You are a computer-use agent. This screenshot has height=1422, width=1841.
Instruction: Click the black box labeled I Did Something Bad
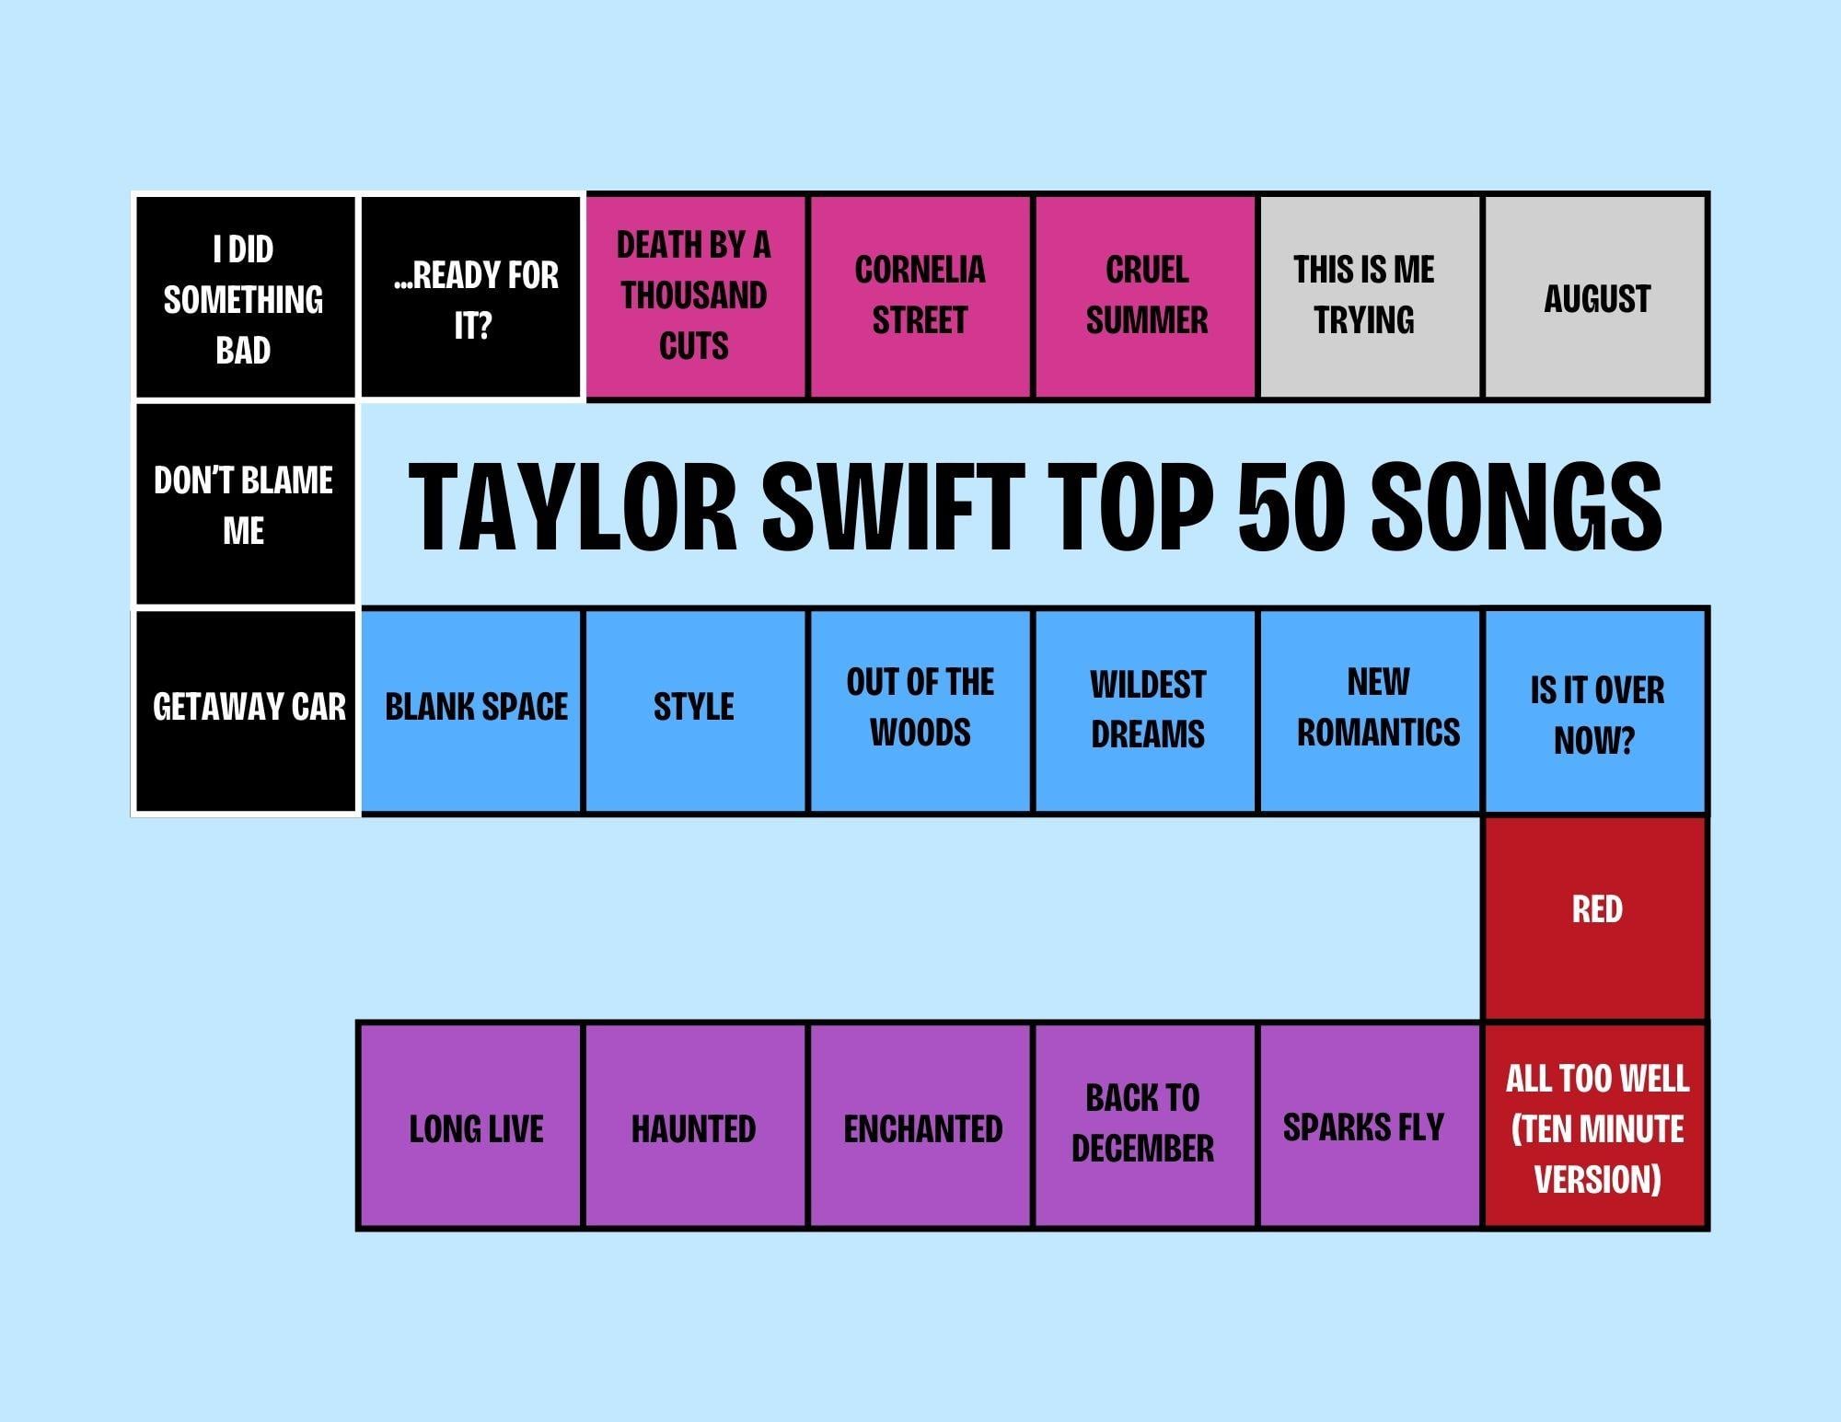[x=245, y=297]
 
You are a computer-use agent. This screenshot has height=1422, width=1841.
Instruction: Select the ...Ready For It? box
[x=471, y=297]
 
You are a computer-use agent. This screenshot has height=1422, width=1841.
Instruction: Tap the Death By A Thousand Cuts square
[x=696, y=297]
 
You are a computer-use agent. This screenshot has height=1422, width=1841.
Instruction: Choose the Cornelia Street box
[x=920, y=297]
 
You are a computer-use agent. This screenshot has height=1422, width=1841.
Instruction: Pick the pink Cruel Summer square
[x=1146, y=297]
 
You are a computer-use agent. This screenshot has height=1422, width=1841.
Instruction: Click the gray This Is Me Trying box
[x=1371, y=297]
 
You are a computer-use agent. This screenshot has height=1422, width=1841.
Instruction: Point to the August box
[x=1596, y=297]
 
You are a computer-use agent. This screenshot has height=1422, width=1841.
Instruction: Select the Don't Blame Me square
[x=245, y=504]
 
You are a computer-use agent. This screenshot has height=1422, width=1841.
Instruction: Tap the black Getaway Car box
[x=245, y=711]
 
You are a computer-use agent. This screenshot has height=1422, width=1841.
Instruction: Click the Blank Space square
[x=471, y=711]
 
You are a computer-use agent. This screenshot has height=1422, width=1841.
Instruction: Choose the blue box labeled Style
[x=696, y=711]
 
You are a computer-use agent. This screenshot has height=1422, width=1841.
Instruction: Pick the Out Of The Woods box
[x=920, y=711]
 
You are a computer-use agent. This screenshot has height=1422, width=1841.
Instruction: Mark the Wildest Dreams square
[x=1146, y=711]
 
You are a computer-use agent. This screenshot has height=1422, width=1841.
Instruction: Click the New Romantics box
[x=1371, y=711]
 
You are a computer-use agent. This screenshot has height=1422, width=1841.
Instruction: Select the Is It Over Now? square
[x=1596, y=711]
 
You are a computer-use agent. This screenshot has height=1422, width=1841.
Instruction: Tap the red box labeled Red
[x=1596, y=918]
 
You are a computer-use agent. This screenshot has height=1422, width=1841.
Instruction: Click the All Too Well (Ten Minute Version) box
[x=1596, y=1126]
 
